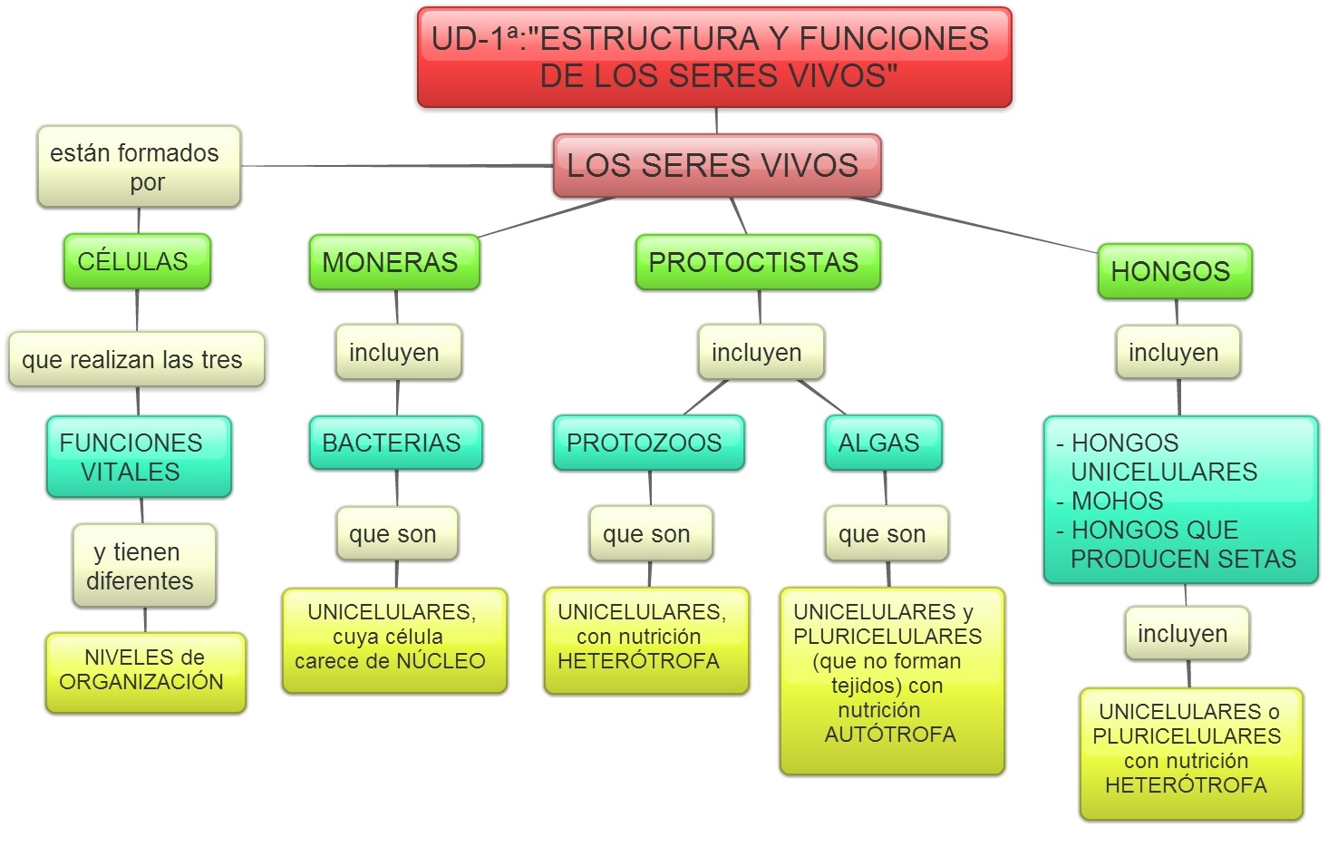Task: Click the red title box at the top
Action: tap(714, 57)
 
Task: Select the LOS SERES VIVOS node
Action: tap(716, 166)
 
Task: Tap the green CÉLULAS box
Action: tap(136, 261)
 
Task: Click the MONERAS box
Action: tap(393, 262)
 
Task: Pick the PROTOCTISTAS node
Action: tap(757, 262)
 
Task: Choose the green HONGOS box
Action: tap(1174, 271)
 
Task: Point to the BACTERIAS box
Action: tap(395, 443)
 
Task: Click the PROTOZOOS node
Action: tap(648, 443)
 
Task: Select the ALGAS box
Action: tap(883, 443)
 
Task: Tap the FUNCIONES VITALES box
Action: tap(139, 457)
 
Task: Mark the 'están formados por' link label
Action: tap(139, 167)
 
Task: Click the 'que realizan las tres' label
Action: tap(136, 360)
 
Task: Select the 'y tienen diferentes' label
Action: tap(144, 566)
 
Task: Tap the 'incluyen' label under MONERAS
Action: tap(398, 352)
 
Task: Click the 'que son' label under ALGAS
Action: tap(886, 533)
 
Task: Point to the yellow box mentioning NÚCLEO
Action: tap(393, 640)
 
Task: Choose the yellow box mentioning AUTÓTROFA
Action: tap(891, 680)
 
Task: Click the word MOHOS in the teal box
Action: tap(1117, 501)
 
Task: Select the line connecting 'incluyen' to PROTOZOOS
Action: tap(706, 396)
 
